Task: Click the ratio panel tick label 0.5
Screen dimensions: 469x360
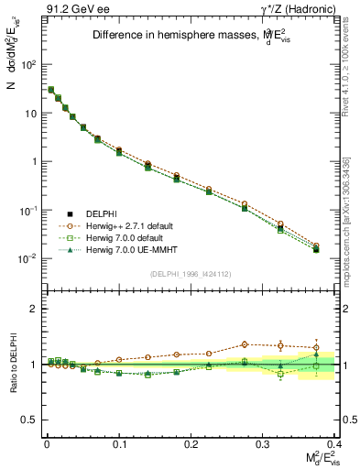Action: click(28, 420)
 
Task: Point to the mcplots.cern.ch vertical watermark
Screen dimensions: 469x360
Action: click(353, 220)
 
